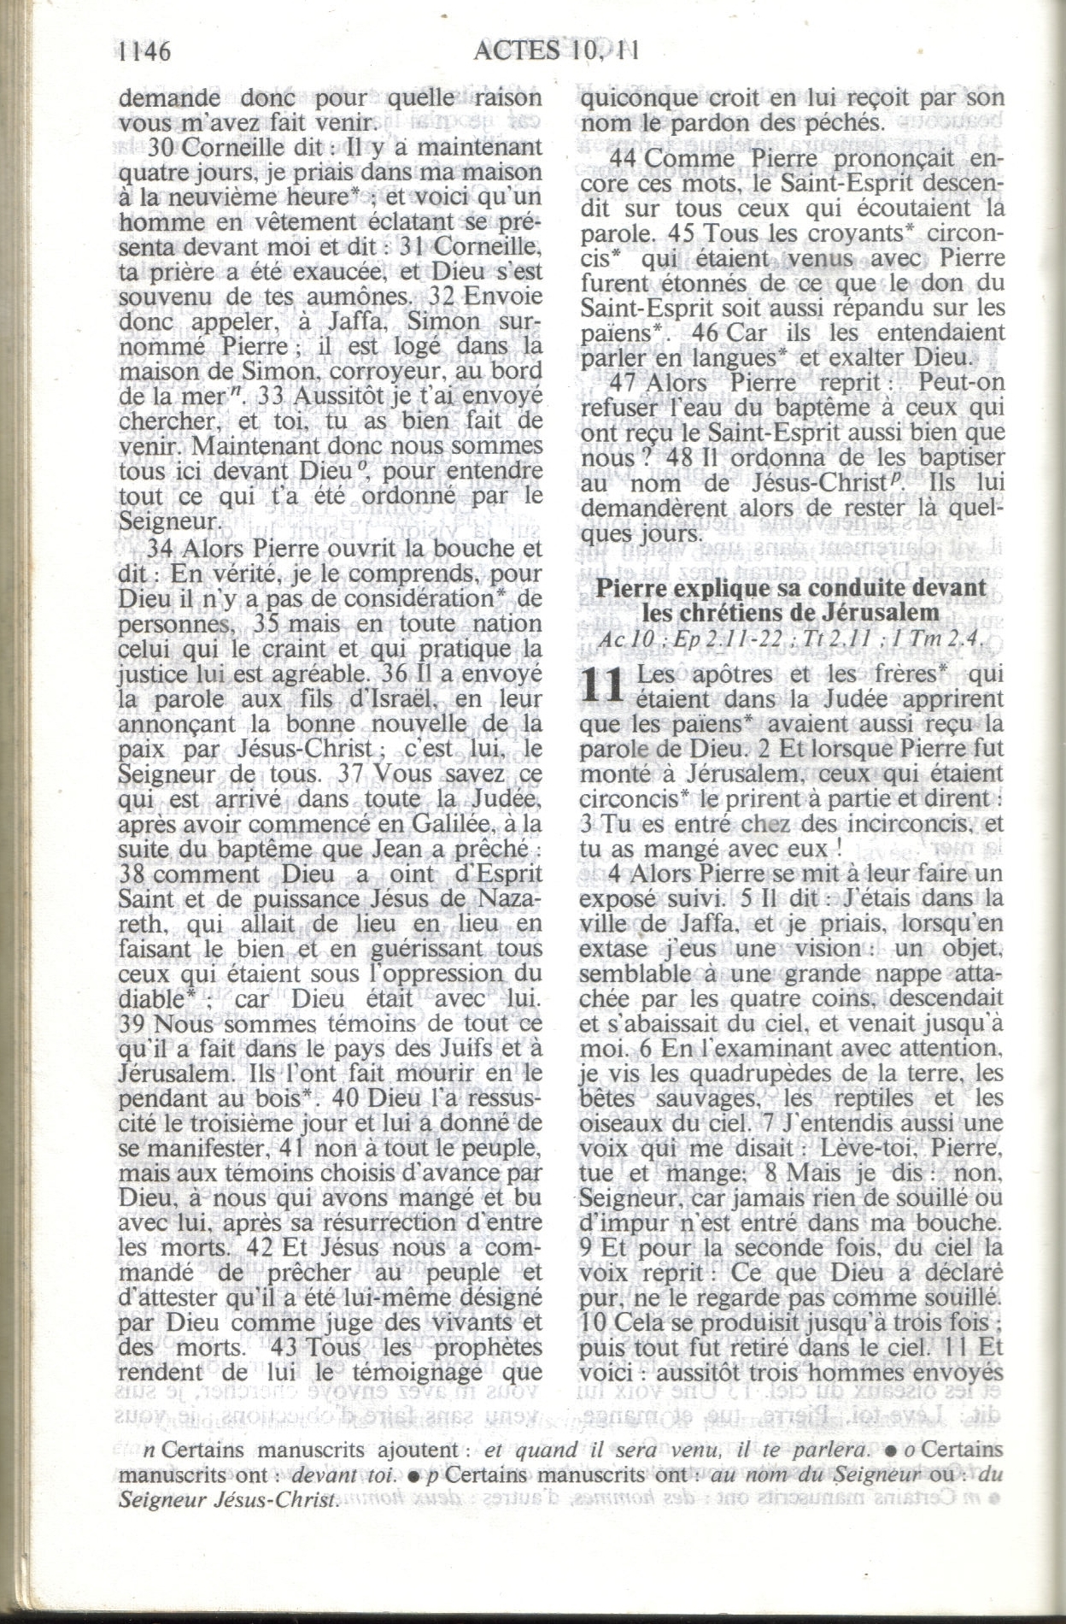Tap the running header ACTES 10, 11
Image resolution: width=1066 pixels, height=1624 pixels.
tap(556, 51)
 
